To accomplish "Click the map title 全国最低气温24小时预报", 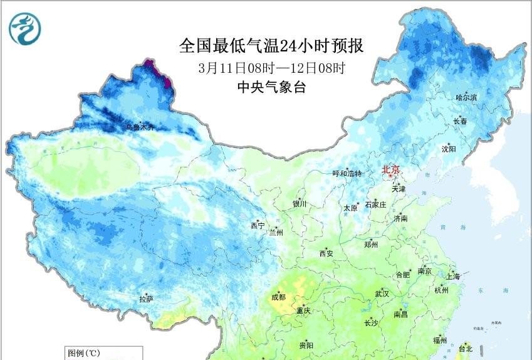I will [271, 46].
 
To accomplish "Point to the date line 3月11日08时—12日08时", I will [271, 67].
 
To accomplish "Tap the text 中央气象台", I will [271, 87].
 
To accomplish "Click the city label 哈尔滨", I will [466, 97].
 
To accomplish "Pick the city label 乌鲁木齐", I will [140, 127].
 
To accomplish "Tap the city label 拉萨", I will [147, 299].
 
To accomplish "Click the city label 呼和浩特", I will [347, 174].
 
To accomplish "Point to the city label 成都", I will [278, 297].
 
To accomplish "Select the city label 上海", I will [452, 276].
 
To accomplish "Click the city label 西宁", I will [258, 225].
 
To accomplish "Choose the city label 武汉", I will [382, 294].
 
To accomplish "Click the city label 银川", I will [300, 204].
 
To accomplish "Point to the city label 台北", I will [466, 348].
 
